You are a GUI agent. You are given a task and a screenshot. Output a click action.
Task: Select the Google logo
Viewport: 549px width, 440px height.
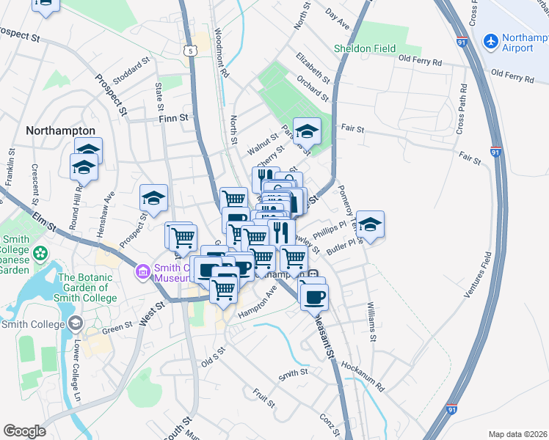pyautogui.click(x=24, y=430)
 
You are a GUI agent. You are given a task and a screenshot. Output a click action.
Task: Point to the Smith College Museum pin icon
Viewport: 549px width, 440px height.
pyautogui.click(x=142, y=272)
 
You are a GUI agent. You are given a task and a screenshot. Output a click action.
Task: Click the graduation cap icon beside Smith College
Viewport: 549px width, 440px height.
pyautogui.click(x=75, y=323)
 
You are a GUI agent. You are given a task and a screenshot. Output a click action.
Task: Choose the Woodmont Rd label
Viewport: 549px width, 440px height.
pyautogui.click(x=222, y=54)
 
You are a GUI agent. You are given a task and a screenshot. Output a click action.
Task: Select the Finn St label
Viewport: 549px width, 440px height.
pyautogui.click(x=174, y=117)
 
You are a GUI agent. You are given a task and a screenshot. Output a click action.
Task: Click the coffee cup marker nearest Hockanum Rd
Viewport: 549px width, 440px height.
pyautogui.click(x=314, y=296)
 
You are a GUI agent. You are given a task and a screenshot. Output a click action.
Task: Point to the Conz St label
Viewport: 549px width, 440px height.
pyautogui.click(x=327, y=423)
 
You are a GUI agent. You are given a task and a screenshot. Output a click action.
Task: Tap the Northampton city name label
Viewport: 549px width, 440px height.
pyautogui.click(x=60, y=130)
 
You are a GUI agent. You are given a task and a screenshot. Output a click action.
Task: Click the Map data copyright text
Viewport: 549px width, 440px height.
pyautogui.click(x=517, y=434)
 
